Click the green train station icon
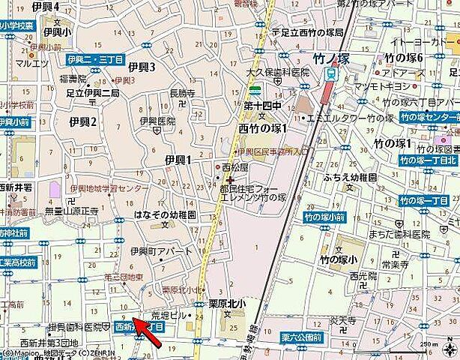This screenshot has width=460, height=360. [x=330, y=73]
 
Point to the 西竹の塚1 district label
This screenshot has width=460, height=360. [x=263, y=128]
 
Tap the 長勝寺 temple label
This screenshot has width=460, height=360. [x=182, y=94]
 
